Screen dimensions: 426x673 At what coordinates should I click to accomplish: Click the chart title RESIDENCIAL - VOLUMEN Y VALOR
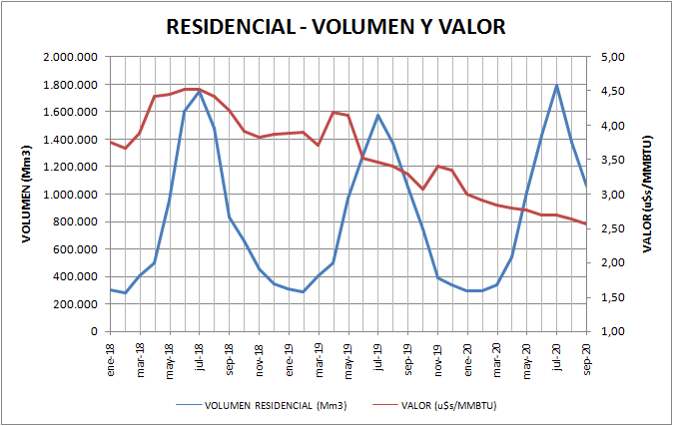click(x=336, y=26)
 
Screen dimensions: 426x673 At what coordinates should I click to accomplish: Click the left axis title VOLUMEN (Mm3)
click(x=28, y=195)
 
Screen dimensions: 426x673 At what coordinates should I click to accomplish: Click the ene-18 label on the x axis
click(x=111, y=355)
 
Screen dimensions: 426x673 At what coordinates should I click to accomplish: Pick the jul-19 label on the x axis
click(x=378, y=355)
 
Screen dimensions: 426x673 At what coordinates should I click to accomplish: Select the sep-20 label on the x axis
click(x=587, y=355)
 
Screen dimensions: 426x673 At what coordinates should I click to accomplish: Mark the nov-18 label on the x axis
click(x=260, y=355)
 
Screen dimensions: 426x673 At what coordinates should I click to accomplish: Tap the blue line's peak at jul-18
click(x=200, y=92)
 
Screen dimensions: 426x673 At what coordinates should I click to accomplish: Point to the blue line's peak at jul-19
click(x=378, y=115)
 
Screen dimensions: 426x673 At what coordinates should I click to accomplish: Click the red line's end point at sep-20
click(x=587, y=223)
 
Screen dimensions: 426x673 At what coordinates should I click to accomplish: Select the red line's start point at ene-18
click(x=111, y=142)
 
